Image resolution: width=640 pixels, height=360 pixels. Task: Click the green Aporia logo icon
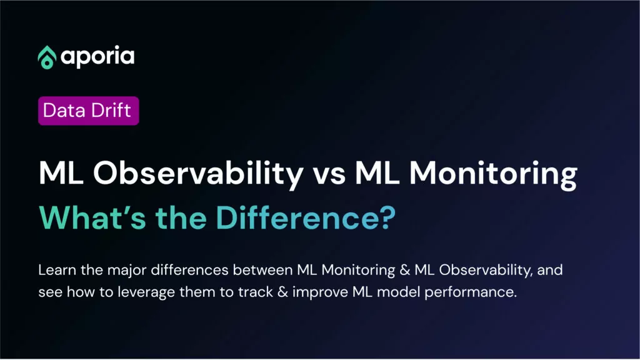click(47, 57)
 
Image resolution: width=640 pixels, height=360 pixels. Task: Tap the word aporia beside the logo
click(97, 57)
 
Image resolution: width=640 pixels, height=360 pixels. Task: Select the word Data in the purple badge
click(64, 110)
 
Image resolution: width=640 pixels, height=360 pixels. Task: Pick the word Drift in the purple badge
click(111, 110)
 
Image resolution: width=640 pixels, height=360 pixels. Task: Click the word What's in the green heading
click(92, 217)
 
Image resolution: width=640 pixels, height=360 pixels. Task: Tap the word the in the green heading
click(181, 217)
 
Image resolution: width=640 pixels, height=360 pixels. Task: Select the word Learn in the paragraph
click(57, 270)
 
